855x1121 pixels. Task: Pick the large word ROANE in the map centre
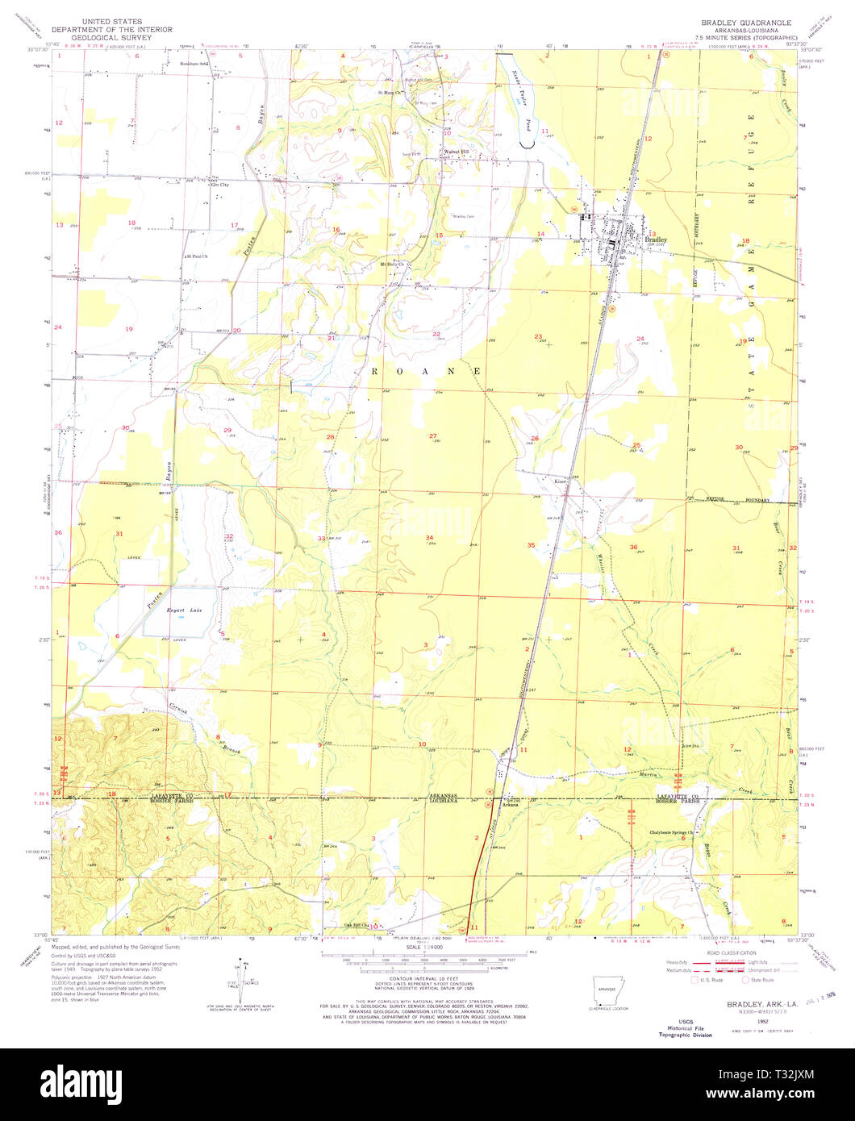[x=427, y=370]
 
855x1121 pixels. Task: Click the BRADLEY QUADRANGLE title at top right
[x=746, y=22]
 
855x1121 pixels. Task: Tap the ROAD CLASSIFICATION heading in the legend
[x=730, y=952]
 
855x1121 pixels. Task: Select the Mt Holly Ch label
[x=391, y=264]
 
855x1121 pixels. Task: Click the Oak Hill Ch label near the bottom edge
[x=355, y=925]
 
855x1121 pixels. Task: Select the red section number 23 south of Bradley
[x=538, y=336]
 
